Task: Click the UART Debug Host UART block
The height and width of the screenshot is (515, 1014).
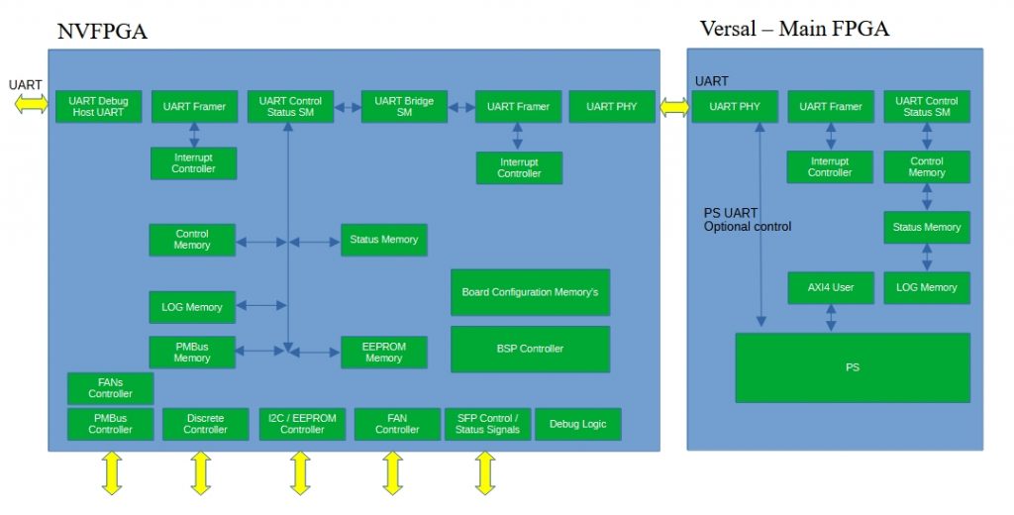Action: (98, 107)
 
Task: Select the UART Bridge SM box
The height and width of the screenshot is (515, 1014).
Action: (404, 107)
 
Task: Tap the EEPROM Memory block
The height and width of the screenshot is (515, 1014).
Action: (383, 353)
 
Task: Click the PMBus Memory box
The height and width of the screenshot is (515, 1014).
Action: (192, 353)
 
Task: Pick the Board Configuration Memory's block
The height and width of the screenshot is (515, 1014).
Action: (530, 293)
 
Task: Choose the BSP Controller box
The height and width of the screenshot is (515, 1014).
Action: (530, 349)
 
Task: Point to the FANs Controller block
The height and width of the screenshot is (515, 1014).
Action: (110, 388)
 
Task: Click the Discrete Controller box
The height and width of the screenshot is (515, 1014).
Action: (205, 424)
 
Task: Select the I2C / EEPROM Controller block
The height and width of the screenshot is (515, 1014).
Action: (302, 424)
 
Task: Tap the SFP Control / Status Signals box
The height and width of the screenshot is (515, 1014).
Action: (487, 424)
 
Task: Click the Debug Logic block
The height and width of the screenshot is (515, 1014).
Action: (577, 424)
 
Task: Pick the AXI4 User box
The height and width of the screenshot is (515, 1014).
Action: (830, 287)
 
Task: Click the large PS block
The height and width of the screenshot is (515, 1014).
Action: (852, 367)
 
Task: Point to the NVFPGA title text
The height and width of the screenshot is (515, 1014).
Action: (102, 32)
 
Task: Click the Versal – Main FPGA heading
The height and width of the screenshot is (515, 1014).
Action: (794, 29)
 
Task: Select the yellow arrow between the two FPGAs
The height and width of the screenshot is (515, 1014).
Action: (673, 107)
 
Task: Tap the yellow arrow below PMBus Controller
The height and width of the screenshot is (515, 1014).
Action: (110, 472)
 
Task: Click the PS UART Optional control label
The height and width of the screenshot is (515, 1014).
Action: (747, 220)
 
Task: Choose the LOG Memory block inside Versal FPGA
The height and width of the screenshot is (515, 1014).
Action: (926, 287)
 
